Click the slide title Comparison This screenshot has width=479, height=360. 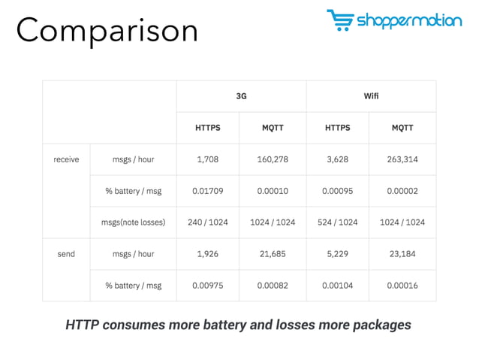107,30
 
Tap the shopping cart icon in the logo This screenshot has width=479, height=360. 339,21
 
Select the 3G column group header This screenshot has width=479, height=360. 241,97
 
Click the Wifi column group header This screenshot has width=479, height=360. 371,97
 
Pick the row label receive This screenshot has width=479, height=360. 66,159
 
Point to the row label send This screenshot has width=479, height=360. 66,254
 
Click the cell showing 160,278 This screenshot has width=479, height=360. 273,159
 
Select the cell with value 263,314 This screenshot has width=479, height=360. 402,159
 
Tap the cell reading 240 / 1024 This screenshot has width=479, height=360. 208,222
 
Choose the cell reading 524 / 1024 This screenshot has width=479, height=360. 338,222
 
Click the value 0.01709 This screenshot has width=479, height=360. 208,191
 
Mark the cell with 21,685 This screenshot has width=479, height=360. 273,254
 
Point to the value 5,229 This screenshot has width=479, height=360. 338,254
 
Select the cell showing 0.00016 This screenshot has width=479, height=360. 402,286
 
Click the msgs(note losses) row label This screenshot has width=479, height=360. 133,222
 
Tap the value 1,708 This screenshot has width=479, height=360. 208,159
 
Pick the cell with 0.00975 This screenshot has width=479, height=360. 208,286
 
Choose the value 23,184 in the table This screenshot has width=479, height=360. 402,254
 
